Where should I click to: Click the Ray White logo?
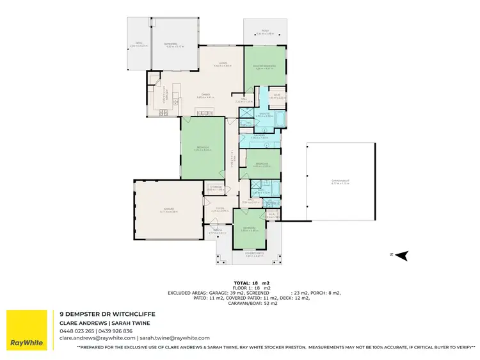pyautogui.click(x=26, y=331)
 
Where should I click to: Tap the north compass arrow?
pyautogui.click(x=402, y=256)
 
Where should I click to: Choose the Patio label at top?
pyautogui.click(x=264, y=31)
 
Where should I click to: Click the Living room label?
pyautogui.click(x=221, y=63)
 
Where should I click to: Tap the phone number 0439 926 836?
pyautogui.click(x=115, y=331)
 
